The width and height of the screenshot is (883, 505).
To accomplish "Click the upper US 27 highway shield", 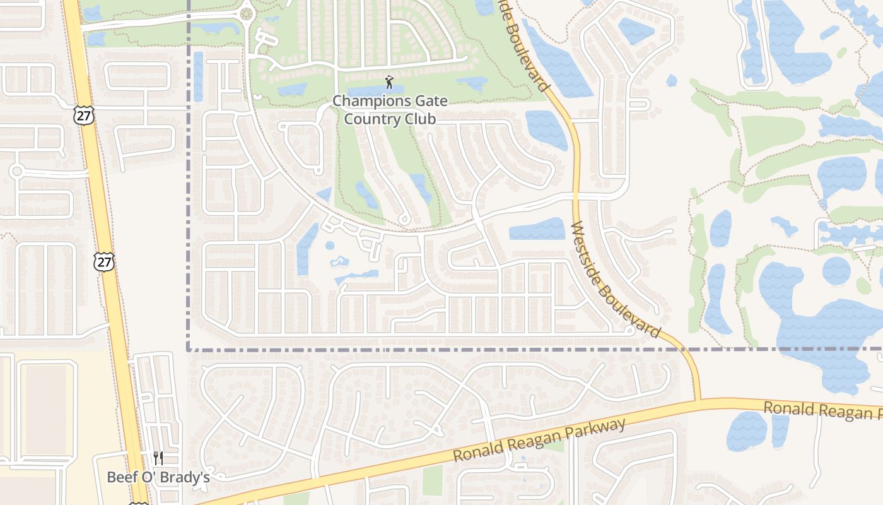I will click(x=83, y=115).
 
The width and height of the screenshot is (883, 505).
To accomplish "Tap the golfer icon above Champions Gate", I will click(x=389, y=82).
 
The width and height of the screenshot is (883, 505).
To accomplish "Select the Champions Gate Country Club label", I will click(x=390, y=110).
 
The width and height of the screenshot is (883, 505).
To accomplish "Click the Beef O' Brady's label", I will click(x=158, y=477).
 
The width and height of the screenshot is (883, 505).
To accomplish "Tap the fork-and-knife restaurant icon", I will click(x=158, y=458).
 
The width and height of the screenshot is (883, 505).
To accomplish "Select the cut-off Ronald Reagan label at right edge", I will click(x=822, y=410).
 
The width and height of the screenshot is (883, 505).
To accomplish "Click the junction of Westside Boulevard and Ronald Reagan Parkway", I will click(x=698, y=400).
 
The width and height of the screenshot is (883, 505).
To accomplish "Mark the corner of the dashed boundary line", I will click(x=189, y=349).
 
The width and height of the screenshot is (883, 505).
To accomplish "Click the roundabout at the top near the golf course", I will click(x=246, y=13).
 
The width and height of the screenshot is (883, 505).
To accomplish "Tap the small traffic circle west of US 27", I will click(x=17, y=171).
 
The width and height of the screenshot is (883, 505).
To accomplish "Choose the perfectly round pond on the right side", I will click(x=836, y=271).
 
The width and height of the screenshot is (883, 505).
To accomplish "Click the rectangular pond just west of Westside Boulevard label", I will click(x=537, y=229).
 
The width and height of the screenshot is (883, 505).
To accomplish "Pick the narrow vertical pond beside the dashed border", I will click(x=198, y=76).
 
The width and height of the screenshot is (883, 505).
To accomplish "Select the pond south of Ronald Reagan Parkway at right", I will click(x=747, y=431).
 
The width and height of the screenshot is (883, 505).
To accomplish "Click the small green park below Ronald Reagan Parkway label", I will click(x=433, y=480).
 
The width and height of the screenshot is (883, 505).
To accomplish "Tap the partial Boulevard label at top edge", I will click(x=527, y=44).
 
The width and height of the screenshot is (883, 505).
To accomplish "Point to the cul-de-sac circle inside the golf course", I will click(x=405, y=220).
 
